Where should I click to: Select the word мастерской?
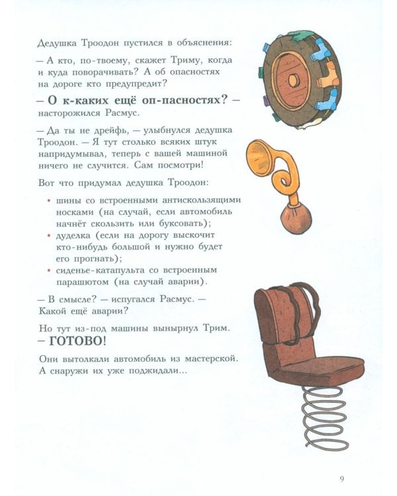208,358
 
